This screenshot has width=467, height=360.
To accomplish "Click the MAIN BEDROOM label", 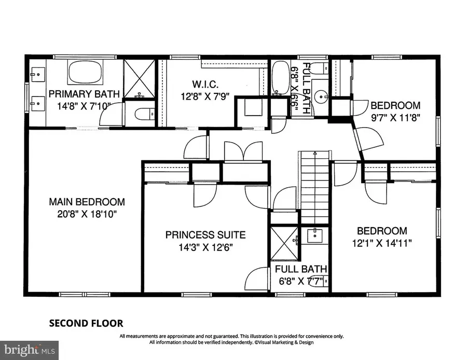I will point(87,202).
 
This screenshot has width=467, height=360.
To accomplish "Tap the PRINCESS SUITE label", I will point(205,235).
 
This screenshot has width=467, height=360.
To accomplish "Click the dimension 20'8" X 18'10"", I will point(87,214).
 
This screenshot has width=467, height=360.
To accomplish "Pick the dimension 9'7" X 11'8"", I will point(395,117).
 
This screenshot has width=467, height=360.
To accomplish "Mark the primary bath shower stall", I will point(139,78).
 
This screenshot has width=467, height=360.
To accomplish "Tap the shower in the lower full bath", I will point(283,243).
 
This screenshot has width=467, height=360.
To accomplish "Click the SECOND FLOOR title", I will point(86,324).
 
